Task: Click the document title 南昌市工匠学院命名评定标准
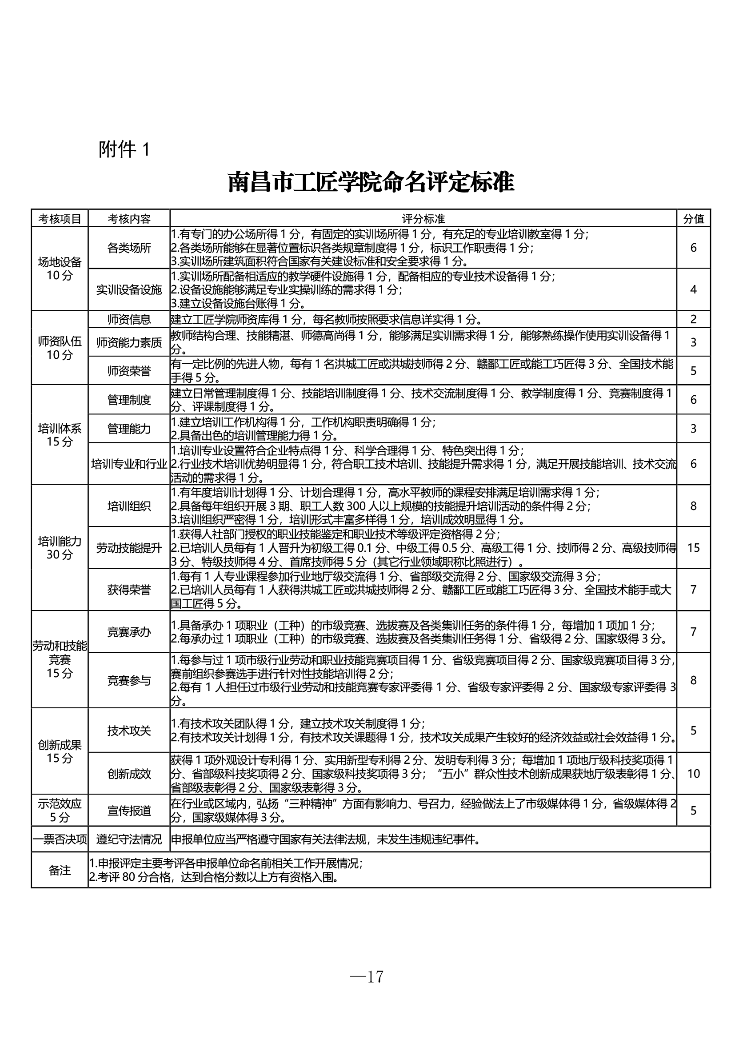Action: (371, 182)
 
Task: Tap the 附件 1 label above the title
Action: (124, 149)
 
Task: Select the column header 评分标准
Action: (423, 219)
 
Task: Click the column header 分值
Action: (693, 219)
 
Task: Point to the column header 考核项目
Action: (60, 219)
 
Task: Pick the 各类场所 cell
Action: (129, 248)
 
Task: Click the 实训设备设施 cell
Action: (129, 290)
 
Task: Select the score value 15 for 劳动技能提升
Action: (693, 548)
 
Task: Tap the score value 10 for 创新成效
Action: (693, 773)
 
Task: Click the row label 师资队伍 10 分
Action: (60, 348)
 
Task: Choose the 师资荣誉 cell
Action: (129, 371)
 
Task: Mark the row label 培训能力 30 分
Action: (60, 548)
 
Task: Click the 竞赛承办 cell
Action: (129, 632)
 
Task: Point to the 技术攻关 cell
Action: (129, 730)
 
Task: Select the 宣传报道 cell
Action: (129, 811)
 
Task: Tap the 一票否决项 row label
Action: (60, 839)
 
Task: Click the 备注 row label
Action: (60, 870)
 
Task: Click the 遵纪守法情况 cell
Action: (129, 839)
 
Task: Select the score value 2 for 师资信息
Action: (693, 319)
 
